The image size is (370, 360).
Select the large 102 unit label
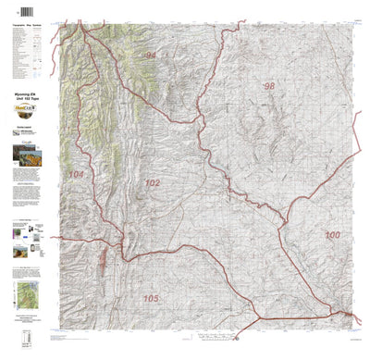(152, 184)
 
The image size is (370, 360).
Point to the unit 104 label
(76, 175)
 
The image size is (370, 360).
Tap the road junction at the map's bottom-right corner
(348, 318)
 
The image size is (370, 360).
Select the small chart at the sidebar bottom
(23, 330)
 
